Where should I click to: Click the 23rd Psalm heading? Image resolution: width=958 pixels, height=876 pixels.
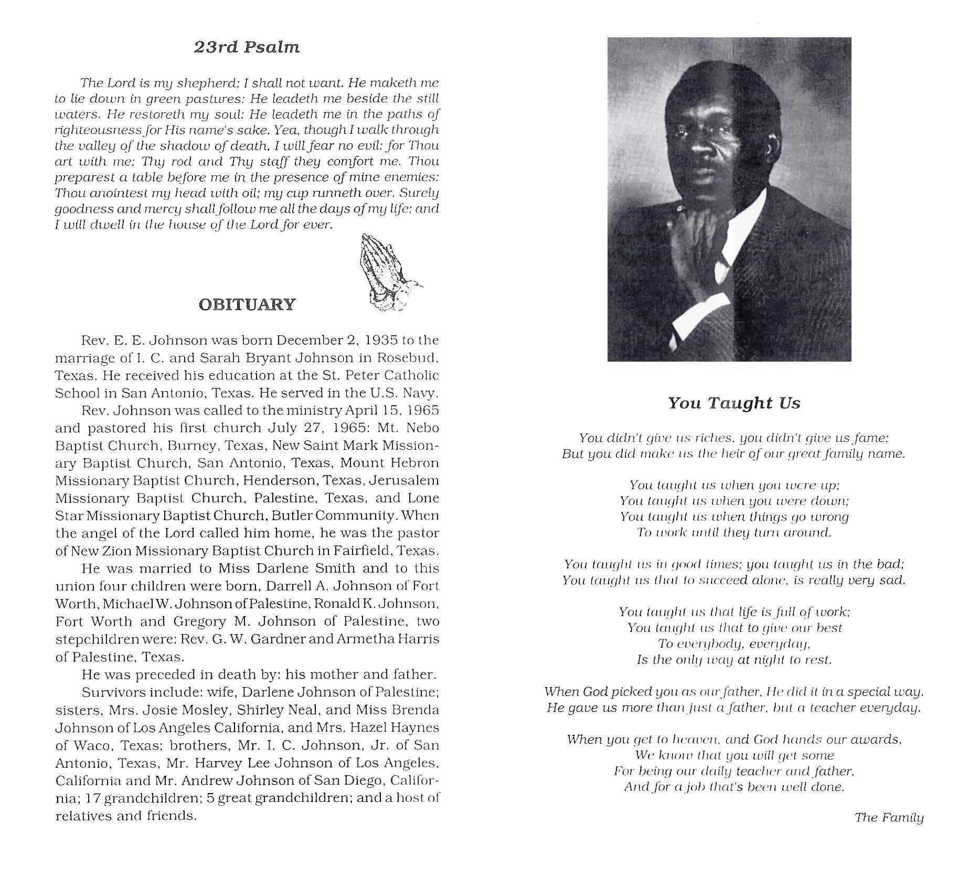(247, 47)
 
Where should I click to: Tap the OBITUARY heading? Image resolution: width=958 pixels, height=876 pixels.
(247, 304)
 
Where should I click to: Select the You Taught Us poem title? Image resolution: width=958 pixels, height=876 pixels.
(734, 403)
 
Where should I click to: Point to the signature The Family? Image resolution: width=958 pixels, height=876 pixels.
(889, 817)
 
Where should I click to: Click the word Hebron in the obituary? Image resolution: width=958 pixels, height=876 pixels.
(414, 463)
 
